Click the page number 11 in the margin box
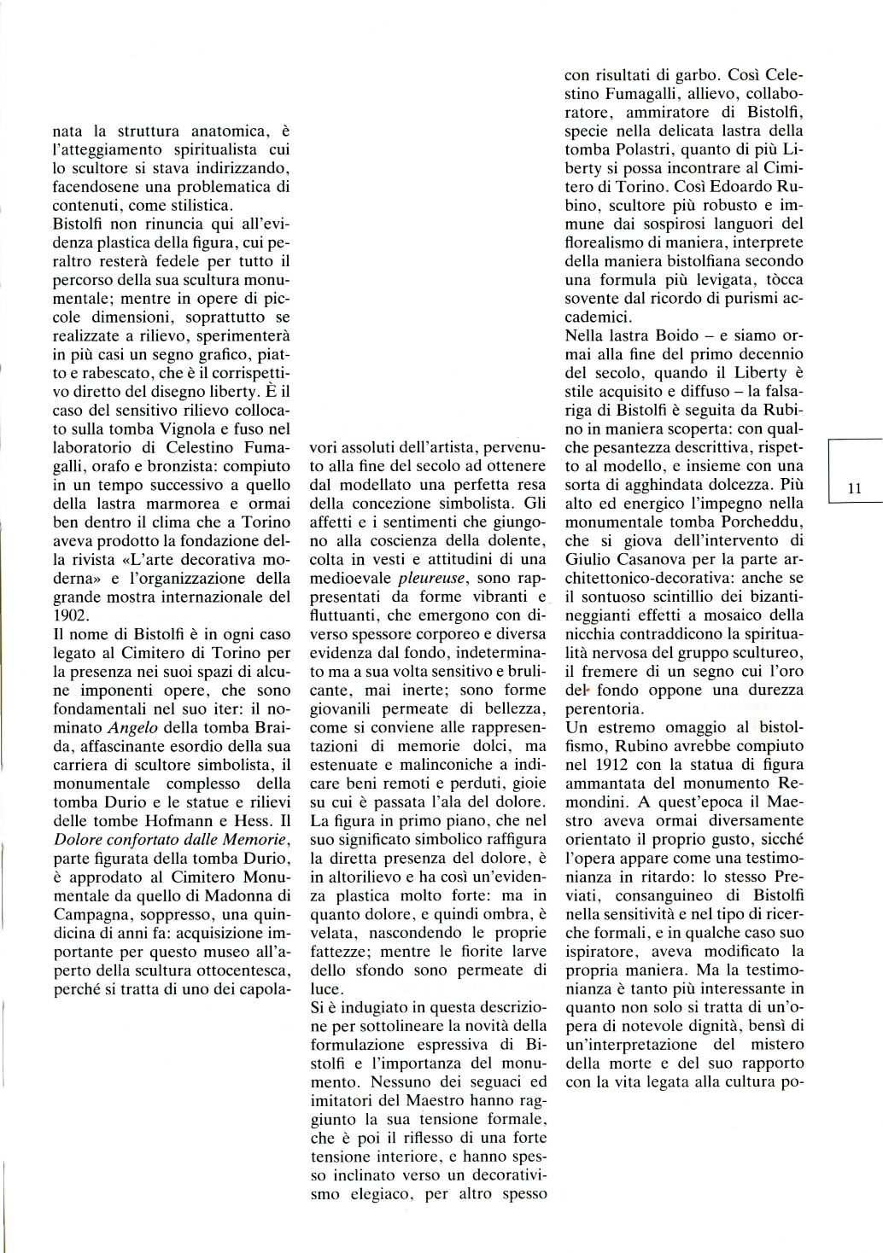point(855,488)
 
